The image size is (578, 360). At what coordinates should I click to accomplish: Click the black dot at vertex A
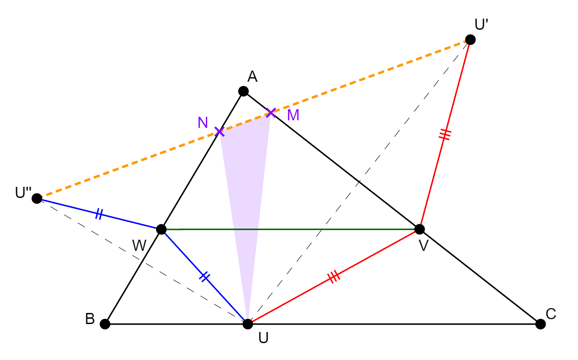pyautogui.click(x=244, y=91)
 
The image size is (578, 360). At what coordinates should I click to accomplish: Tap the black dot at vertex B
pyautogui.click(x=105, y=324)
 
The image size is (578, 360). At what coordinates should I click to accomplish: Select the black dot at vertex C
pyautogui.click(x=541, y=324)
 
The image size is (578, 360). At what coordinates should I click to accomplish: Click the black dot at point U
pyautogui.click(x=248, y=324)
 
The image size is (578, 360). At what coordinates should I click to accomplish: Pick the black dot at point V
pyautogui.click(x=420, y=229)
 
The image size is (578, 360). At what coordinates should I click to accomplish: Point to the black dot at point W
pyautogui.click(x=161, y=229)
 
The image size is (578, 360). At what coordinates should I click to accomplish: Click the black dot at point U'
pyautogui.click(x=470, y=40)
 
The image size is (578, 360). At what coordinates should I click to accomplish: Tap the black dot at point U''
pyautogui.click(x=37, y=198)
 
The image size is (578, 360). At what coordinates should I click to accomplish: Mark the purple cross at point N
pyautogui.click(x=219, y=132)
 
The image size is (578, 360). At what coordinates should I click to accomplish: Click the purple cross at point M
pyautogui.click(x=271, y=113)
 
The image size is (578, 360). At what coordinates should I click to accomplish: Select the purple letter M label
pyautogui.click(x=293, y=115)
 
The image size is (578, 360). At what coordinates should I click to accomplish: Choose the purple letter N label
pyautogui.click(x=203, y=123)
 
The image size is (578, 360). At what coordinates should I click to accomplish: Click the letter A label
pyautogui.click(x=252, y=76)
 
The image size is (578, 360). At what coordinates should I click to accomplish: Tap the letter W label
pyautogui.click(x=139, y=245)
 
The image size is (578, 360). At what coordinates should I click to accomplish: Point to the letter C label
pyautogui.click(x=550, y=314)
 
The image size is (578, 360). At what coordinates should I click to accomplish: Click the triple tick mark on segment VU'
pyautogui.click(x=445, y=135)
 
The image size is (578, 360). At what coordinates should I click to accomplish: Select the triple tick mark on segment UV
pyautogui.click(x=334, y=277)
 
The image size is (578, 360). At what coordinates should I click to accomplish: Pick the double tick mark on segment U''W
pyautogui.click(x=99, y=214)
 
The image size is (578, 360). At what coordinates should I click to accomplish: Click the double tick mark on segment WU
pyautogui.click(x=204, y=277)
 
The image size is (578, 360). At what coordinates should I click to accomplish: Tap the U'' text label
pyautogui.click(x=23, y=193)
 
